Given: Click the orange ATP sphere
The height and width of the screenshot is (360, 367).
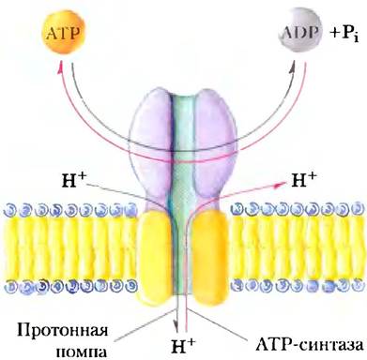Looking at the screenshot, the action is [x=64, y=33].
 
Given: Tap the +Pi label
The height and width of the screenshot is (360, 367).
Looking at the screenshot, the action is [x=344, y=33].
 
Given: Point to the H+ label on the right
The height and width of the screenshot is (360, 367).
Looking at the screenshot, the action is [x=304, y=179].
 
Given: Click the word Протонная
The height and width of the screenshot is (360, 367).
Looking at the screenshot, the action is [x=63, y=331].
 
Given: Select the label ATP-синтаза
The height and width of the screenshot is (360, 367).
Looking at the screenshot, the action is [x=309, y=345].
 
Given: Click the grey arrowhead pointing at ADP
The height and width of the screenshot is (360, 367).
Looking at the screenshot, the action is [x=292, y=67].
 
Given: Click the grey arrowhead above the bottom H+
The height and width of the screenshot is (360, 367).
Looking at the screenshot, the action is [x=177, y=325].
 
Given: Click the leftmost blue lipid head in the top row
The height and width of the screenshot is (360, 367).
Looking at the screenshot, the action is [x=9, y=210].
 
